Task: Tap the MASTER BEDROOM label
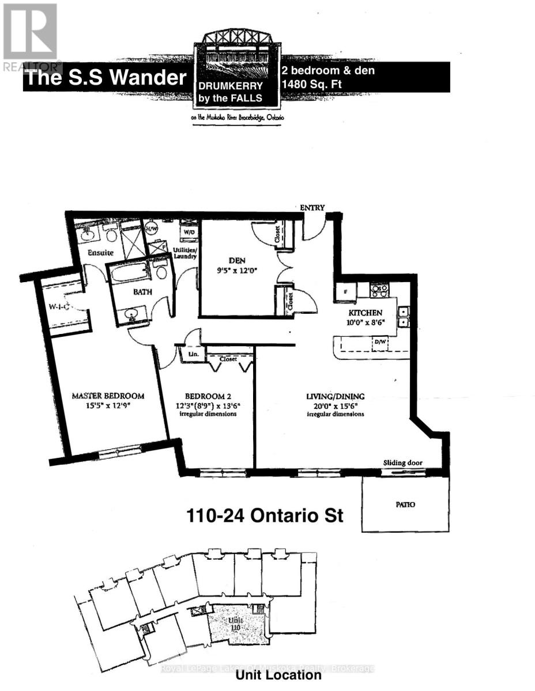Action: (x=108, y=396)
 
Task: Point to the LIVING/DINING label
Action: (x=335, y=396)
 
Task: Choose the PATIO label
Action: (x=405, y=504)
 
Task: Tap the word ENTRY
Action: (x=312, y=208)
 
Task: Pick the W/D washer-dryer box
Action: (x=187, y=231)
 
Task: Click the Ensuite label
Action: (x=100, y=252)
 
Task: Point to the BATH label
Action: (x=143, y=292)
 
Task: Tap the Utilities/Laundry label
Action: (x=186, y=253)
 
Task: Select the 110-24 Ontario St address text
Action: (x=265, y=514)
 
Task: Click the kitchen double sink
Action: (x=404, y=317)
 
